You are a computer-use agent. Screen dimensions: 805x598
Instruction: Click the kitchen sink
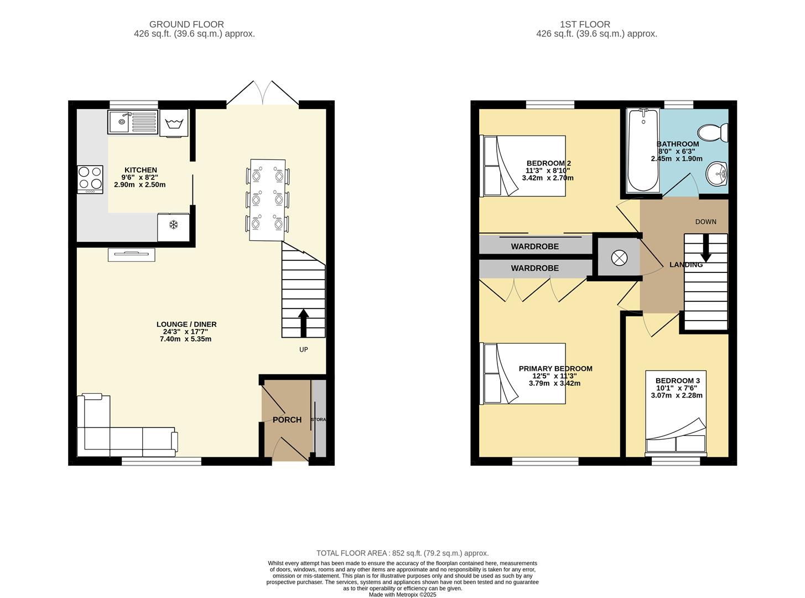[133, 122]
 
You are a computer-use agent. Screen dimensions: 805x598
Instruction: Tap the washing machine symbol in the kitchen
[174, 123]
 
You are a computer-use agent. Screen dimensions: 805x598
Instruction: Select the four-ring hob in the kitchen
[90, 179]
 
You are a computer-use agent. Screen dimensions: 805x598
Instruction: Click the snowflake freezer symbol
[174, 225]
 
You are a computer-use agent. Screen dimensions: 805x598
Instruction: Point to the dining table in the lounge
[267, 200]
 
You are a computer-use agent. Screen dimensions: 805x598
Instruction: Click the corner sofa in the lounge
[127, 425]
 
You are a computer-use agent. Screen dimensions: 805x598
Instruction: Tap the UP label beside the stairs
[303, 349]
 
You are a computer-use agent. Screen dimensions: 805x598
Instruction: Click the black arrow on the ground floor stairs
[303, 323]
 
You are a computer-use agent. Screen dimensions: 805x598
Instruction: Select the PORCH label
[287, 420]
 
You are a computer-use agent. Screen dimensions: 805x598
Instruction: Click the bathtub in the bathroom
[643, 149]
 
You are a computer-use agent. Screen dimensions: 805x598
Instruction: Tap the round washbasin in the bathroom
[717, 174]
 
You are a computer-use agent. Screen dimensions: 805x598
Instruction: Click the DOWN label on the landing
[705, 221]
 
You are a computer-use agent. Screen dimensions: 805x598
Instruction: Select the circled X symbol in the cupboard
[619, 258]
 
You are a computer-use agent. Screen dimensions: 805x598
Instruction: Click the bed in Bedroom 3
[676, 413]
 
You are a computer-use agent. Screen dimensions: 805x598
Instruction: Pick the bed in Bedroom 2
[523, 166]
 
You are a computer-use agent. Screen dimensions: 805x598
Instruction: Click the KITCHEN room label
[141, 169]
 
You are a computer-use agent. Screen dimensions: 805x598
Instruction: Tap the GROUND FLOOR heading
[186, 24]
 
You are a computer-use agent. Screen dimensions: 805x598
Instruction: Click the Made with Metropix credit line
[402, 595]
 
